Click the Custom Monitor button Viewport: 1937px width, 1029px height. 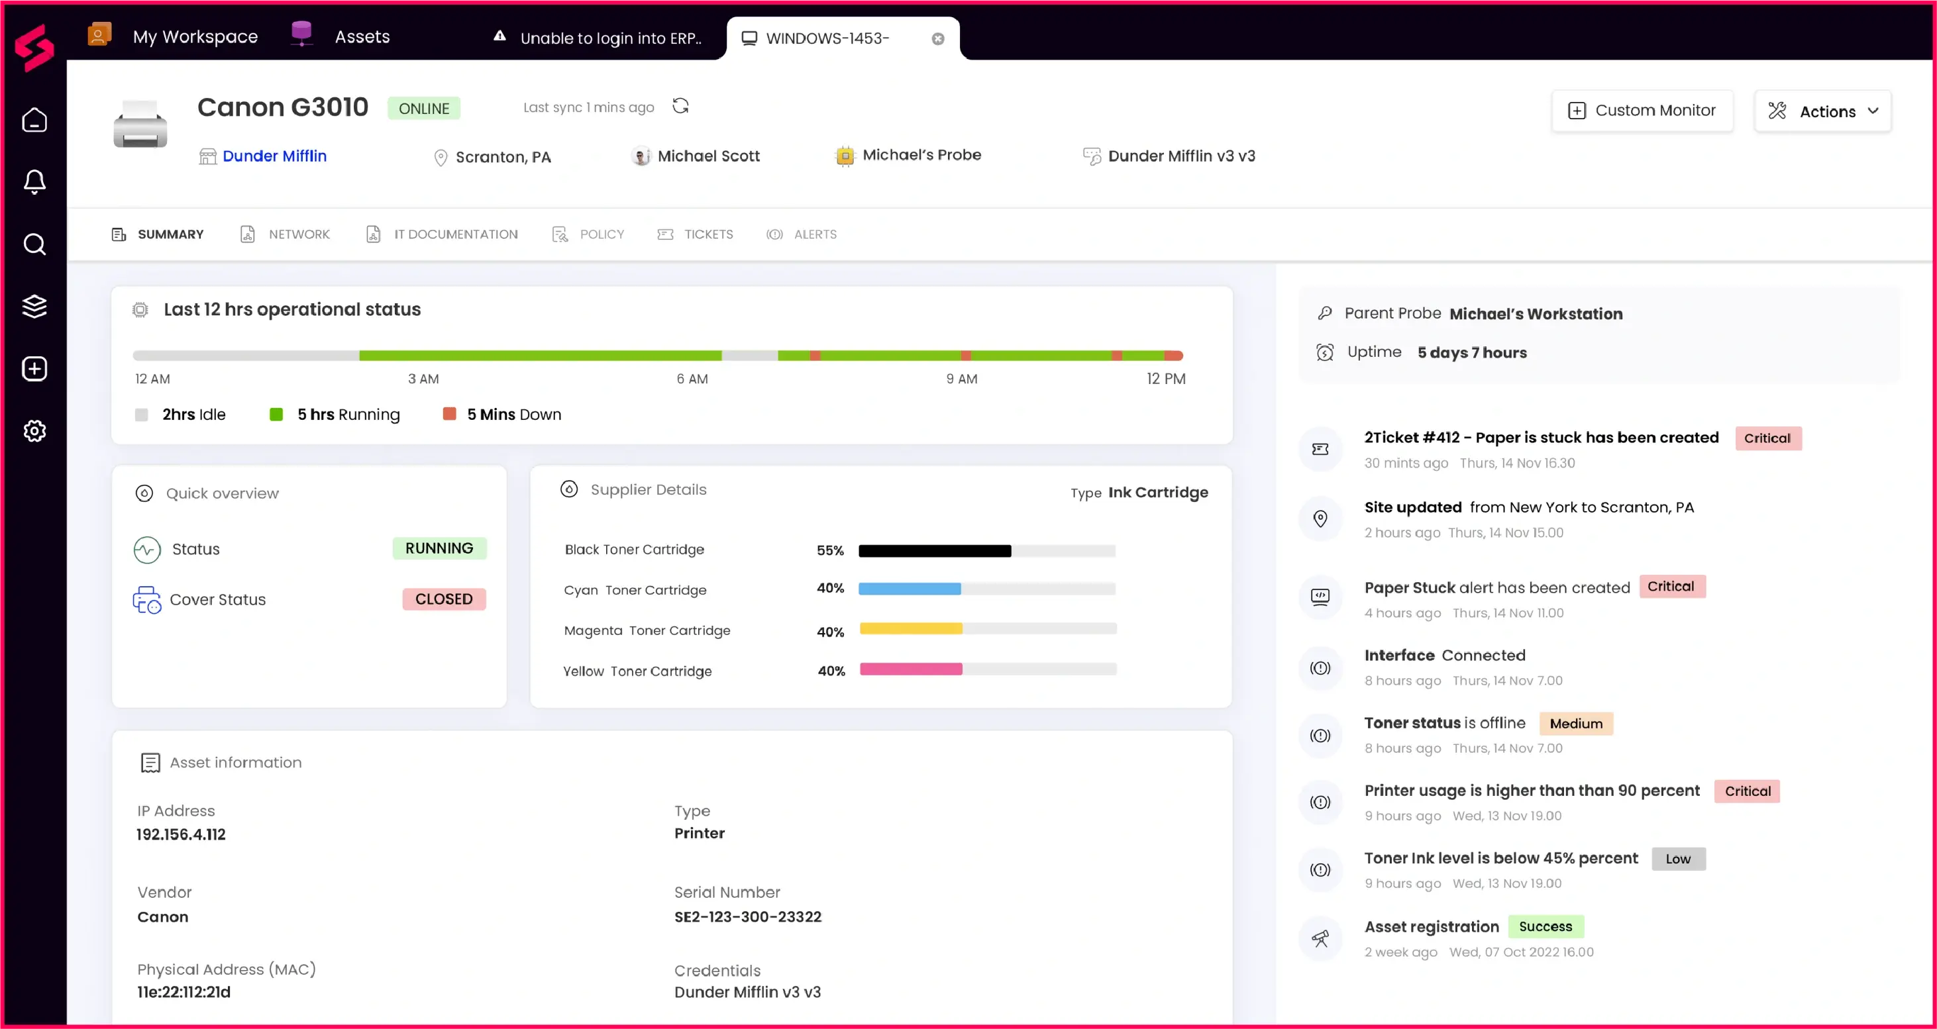tap(1642, 111)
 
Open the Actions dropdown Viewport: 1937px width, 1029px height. tap(1822, 111)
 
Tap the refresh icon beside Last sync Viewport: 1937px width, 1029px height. tap(680, 106)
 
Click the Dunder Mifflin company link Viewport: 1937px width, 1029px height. tap(274, 156)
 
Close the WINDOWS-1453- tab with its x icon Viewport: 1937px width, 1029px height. tap(937, 39)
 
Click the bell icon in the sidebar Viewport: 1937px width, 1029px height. tap(34, 181)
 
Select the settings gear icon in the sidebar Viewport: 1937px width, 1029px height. tap(34, 430)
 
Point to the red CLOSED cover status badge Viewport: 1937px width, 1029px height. tap(444, 599)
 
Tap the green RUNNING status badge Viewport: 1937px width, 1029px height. tap(439, 548)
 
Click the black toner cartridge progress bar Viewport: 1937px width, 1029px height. tap(986, 551)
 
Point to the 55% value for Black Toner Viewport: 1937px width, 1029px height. tap(830, 550)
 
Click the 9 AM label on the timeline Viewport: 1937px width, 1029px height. tap(962, 379)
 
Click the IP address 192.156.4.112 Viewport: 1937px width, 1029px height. tap(182, 834)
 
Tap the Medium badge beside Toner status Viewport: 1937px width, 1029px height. tap(1575, 723)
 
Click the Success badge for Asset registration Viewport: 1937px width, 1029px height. tap(1545, 926)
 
